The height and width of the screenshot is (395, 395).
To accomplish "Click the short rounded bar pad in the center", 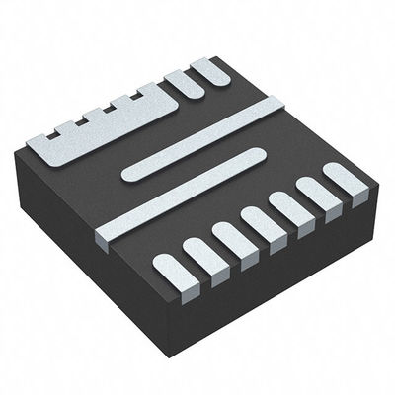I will (x=194, y=164).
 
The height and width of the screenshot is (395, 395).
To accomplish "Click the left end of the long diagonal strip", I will (x=103, y=236).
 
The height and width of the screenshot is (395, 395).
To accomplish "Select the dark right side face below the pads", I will (x=286, y=276).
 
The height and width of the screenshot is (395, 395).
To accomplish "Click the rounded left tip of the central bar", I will (x=126, y=177).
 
